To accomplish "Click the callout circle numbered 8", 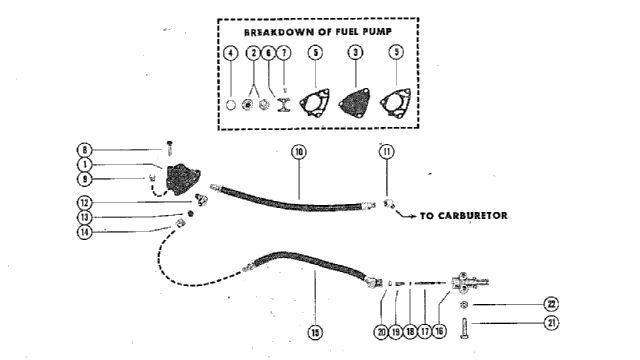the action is coord(84,150).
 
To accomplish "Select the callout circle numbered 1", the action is coord(84,165).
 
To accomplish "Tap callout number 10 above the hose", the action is coord(299,152).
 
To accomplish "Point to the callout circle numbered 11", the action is coord(387,152).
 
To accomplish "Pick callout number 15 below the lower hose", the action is coord(315,332).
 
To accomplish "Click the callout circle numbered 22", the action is coord(551,304).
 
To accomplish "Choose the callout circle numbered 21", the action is coord(551,323).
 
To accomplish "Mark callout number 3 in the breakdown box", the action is coord(356,52).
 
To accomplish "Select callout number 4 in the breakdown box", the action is coord(231,53).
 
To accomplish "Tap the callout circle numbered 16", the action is coord(439,331).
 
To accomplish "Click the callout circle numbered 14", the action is coord(84,232).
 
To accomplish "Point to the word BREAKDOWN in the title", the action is coord(279,32).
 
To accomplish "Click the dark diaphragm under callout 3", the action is coord(354,102).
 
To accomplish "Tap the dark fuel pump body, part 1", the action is coord(182,179).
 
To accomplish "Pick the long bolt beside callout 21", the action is coord(465,328).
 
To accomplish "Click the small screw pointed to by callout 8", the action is coord(169,148).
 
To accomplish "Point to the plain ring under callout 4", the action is coord(231,105).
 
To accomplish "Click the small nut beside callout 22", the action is coord(464,304).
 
